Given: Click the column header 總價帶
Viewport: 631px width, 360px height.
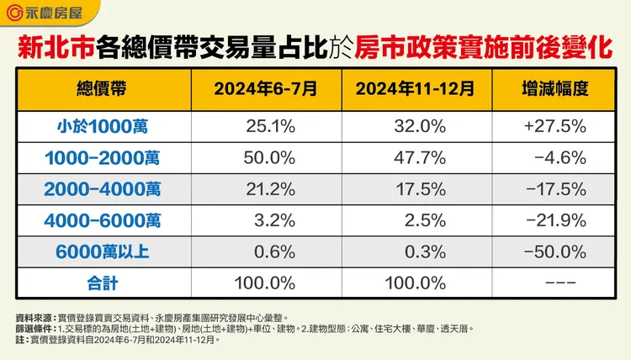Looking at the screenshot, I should (104, 87).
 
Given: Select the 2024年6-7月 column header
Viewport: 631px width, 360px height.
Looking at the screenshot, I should (260, 87).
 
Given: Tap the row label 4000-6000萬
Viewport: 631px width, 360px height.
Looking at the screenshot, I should (104, 220).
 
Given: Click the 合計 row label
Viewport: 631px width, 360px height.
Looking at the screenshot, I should (104, 282).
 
